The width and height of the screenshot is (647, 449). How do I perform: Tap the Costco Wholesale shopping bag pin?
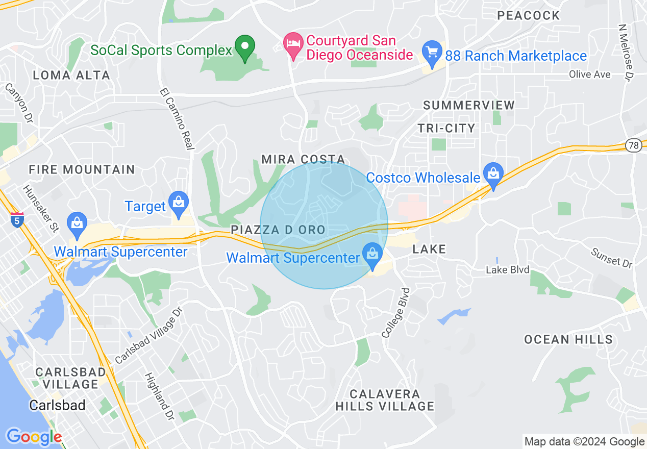tap(493, 173)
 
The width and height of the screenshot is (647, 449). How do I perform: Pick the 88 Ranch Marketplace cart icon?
tap(432, 53)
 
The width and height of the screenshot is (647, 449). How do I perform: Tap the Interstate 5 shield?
tap(17, 219)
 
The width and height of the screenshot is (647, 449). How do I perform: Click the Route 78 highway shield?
tap(633, 145)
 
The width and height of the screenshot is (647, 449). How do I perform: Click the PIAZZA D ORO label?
tap(278, 230)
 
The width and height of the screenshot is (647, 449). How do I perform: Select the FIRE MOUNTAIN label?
tap(82, 169)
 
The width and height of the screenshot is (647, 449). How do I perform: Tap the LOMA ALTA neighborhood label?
tap(71, 76)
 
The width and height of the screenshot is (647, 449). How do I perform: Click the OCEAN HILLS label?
tap(568, 339)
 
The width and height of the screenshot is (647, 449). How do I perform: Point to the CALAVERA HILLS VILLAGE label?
tap(385, 400)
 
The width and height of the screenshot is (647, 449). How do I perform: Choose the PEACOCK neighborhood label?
tap(529, 15)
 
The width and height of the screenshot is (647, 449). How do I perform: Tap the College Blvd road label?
tap(396, 312)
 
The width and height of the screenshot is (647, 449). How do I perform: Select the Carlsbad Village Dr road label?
tap(148, 336)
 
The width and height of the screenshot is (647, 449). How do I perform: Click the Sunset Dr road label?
tap(611, 258)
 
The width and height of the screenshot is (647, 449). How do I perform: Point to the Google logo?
tap(34, 437)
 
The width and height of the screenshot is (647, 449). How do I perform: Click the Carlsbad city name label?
tap(57, 406)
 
